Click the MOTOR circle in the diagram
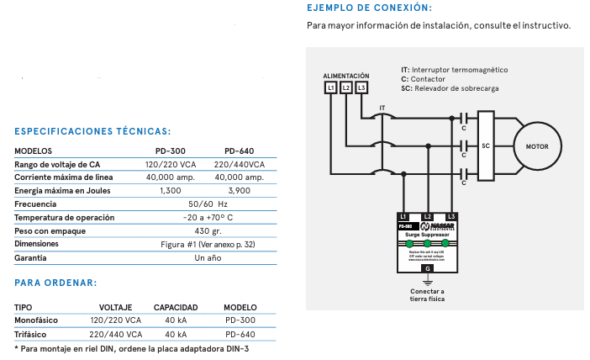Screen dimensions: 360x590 536,146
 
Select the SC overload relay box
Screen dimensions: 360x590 486,146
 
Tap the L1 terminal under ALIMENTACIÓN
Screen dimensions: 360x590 331,87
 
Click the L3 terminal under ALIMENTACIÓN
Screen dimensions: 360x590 361,87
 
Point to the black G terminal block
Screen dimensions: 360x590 428,267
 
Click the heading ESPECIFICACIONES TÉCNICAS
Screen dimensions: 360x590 92,131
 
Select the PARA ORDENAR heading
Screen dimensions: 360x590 55,283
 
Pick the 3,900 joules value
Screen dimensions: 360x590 239,191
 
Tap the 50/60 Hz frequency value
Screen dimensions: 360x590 208,204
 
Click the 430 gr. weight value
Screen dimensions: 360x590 208,230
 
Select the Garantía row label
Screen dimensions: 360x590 30,257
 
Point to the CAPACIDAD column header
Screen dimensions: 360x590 176,307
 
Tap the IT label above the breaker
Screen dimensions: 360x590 382,109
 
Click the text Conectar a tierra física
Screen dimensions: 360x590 428,295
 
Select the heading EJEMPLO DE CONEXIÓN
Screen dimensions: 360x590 369,8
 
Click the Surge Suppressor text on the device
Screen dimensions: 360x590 427,233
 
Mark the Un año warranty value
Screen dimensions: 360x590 207,257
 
